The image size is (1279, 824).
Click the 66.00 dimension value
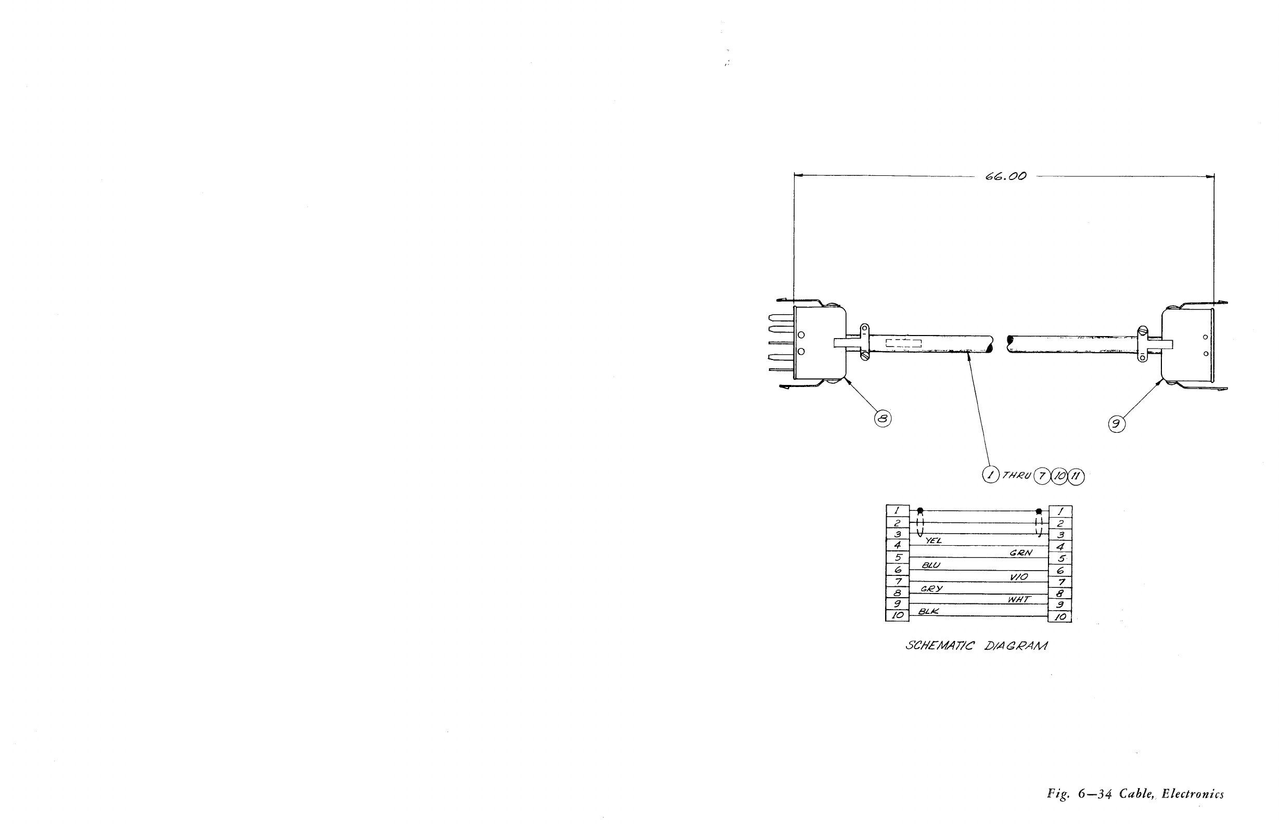point(1005,176)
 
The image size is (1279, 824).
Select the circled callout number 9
point(1116,424)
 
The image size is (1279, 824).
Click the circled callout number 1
point(991,474)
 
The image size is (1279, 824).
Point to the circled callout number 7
point(1041,475)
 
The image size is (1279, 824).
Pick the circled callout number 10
point(1059,475)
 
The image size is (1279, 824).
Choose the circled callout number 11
point(1076,475)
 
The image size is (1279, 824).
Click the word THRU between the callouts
point(1016,475)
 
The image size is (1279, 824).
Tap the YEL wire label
point(933,541)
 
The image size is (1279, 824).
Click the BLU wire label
point(930,565)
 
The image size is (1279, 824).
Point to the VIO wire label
point(1019,577)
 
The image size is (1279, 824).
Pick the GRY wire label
point(932,588)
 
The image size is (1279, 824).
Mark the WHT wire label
point(1019,600)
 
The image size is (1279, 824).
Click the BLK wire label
point(928,611)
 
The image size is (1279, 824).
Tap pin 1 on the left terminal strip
point(898,511)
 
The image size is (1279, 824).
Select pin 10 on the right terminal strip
point(1060,616)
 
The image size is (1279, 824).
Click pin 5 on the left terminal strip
point(898,557)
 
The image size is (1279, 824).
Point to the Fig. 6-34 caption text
point(1135,794)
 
